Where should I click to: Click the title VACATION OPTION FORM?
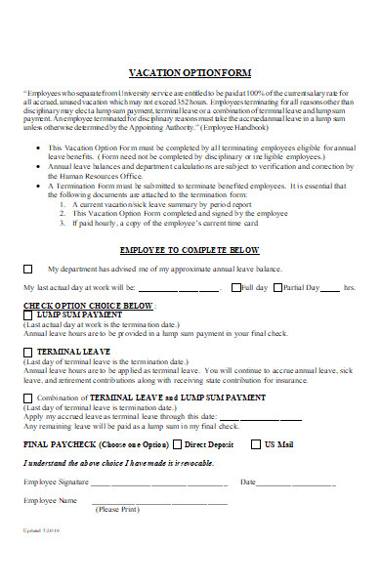(x=190, y=73)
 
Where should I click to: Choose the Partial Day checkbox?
(x=275, y=287)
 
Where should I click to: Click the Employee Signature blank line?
(x=160, y=482)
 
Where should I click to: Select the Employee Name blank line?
(x=160, y=502)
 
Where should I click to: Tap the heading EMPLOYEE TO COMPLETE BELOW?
(x=190, y=250)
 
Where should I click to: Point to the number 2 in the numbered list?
(x=62, y=213)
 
